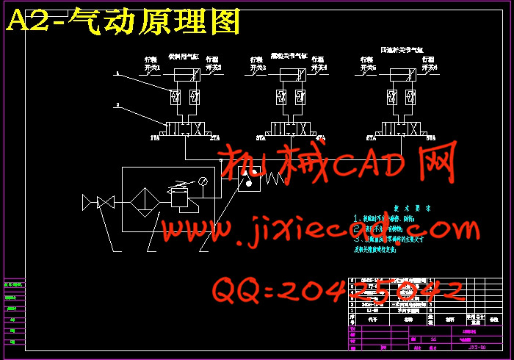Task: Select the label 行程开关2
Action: click(x=213, y=64)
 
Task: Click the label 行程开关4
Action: click(x=319, y=64)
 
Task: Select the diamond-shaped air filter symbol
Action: click(x=146, y=200)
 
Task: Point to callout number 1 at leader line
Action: click(x=115, y=73)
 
